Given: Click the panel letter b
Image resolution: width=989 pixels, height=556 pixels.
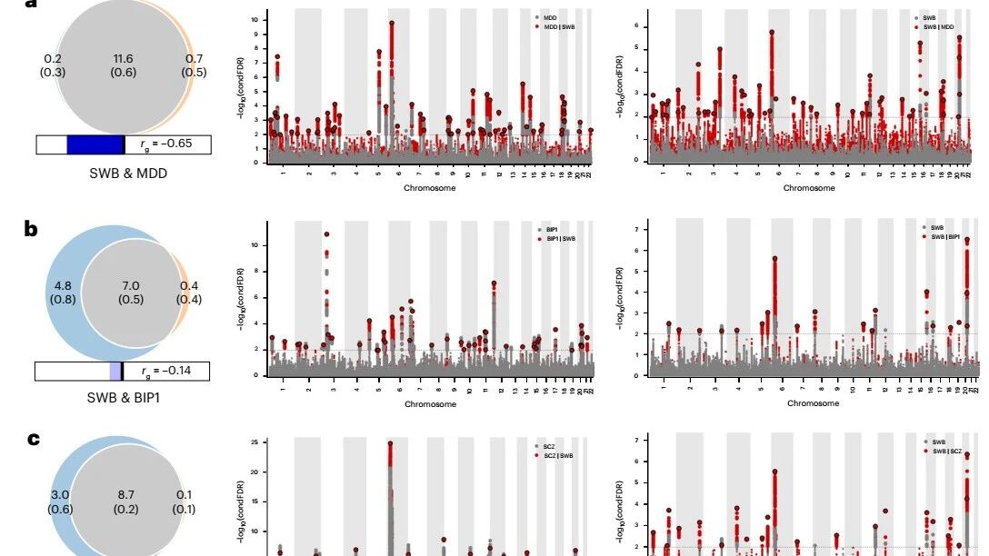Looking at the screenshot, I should pyautogui.click(x=32, y=228).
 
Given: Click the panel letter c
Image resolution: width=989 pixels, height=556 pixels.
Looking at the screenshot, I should pyautogui.click(x=33, y=439).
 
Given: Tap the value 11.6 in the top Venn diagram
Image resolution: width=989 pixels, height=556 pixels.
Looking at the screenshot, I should pyautogui.click(x=124, y=59).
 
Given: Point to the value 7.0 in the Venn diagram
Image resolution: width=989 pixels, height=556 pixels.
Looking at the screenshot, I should pyautogui.click(x=130, y=286).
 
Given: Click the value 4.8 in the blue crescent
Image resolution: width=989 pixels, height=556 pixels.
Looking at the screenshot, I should pyautogui.click(x=63, y=286).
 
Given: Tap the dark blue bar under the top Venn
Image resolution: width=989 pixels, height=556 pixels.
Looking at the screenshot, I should pyautogui.click(x=95, y=144).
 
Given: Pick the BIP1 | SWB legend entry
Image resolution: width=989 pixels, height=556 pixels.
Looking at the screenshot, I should pyautogui.click(x=559, y=238).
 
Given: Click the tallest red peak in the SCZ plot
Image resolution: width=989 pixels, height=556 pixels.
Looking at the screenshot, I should pyautogui.click(x=390, y=444).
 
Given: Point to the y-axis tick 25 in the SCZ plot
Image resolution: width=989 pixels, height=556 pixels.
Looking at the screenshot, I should pyautogui.click(x=259, y=442).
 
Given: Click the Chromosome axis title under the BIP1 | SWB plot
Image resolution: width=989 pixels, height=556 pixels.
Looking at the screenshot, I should pyautogui.click(x=430, y=404).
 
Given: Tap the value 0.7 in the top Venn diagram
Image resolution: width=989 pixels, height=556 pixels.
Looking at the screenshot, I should pyautogui.click(x=194, y=59).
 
